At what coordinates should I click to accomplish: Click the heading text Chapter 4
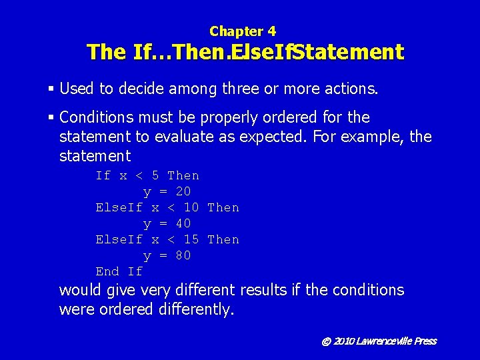(243, 31)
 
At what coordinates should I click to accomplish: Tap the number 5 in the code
(155, 176)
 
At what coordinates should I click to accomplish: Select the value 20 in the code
(183, 192)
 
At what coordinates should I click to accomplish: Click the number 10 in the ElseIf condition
(191, 208)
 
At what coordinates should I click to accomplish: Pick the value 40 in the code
(183, 224)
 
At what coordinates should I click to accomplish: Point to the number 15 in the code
(191, 240)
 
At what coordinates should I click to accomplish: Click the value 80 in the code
(183, 256)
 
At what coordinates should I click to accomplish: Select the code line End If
(119, 272)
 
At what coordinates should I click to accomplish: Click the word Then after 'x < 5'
(183, 176)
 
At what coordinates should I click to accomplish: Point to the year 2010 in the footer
(343, 341)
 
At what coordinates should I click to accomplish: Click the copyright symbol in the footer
(325, 341)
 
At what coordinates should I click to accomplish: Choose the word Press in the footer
(424, 341)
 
